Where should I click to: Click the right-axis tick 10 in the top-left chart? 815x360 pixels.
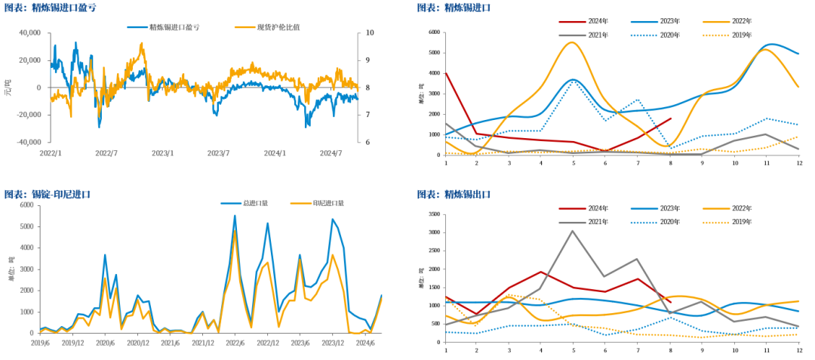click(370, 33)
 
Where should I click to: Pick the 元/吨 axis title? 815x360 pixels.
click(8, 88)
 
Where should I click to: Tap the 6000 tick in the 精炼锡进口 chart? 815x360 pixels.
click(433, 32)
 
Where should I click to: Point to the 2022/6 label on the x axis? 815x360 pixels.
click(234, 343)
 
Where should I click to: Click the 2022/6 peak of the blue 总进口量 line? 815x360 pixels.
click(235, 216)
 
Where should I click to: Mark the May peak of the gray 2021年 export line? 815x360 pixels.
click(573, 231)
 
